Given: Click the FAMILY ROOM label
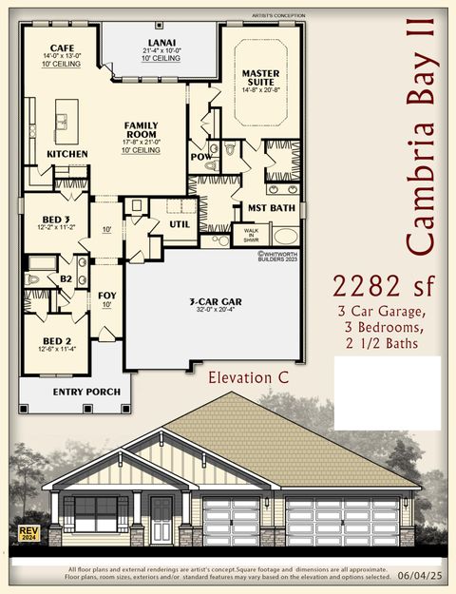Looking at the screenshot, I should tap(141, 131).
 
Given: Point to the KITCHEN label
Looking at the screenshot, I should tap(67, 154).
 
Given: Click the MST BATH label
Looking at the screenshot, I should tap(270, 207).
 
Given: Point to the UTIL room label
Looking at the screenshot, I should tap(180, 224).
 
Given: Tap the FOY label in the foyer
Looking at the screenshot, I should tap(107, 296).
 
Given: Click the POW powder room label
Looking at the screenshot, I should tap(199, 156).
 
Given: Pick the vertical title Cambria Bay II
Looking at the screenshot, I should tap(424, 143).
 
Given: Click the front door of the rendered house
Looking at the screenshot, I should tap(161, 521).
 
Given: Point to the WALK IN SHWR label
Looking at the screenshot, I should tap(251, 234).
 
